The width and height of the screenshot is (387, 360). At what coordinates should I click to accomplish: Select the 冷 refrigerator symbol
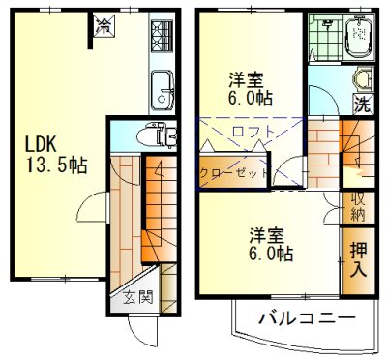coord(103,27)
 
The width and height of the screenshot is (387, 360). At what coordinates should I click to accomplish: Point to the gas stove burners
coord(160,38)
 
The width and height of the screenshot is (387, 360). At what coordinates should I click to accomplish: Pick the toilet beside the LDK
coord(155,134)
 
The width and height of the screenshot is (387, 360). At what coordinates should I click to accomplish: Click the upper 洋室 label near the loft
coord(248,80)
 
